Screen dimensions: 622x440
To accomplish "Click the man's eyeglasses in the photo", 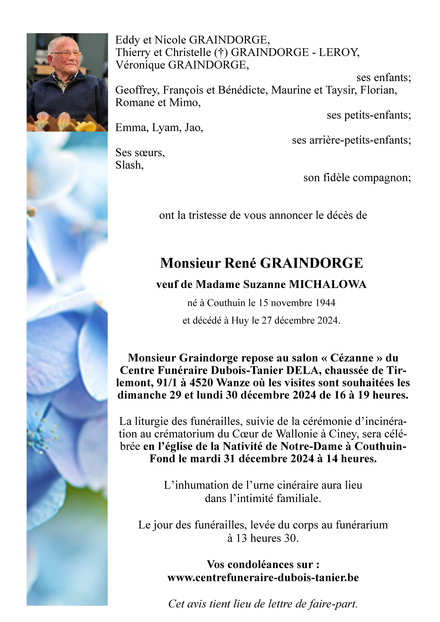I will click(67, 54).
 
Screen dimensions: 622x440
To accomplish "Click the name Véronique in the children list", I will click(140, 65).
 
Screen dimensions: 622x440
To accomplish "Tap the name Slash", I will click(129, 165).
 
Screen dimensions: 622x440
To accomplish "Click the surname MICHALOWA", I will click(328, 284).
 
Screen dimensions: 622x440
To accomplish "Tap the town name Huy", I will click(240, 320).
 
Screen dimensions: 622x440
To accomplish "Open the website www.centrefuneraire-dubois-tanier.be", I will click(263, 578).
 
